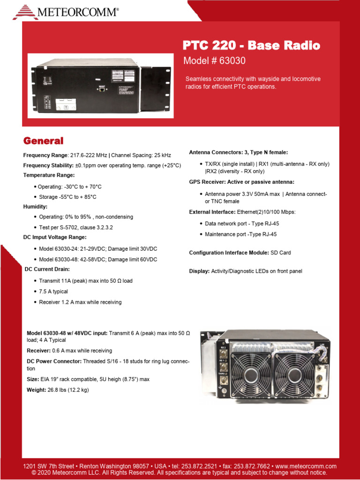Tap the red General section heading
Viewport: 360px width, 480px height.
click(43, 141)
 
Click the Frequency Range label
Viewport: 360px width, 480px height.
click(45, 155)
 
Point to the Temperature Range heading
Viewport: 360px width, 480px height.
click(49, 175)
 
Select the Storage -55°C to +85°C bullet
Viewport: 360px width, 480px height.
click(67, 197)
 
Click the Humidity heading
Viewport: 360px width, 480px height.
click(35, 206)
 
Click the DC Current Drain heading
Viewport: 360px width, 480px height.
click(47, 269)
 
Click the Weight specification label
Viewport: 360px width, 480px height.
click(36, 390)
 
